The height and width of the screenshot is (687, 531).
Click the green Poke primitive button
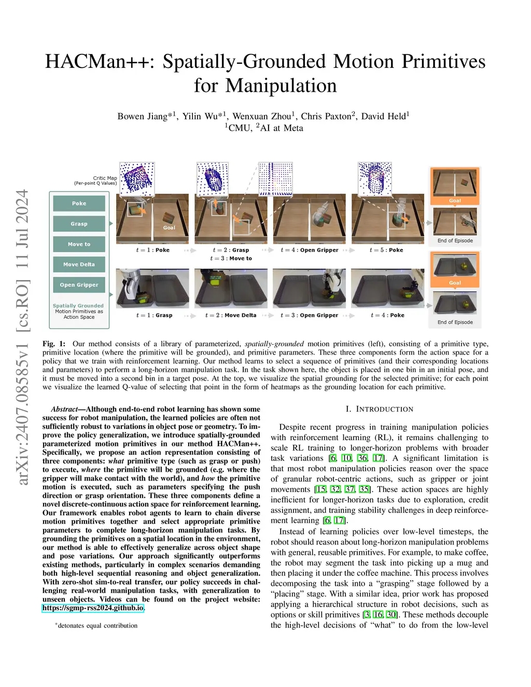click(x=79, y=203)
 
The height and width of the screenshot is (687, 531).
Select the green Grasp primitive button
click(x=79, y=223)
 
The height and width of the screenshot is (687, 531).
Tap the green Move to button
click(x=79, y=244)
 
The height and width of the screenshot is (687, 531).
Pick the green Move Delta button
click(x=79, y=264)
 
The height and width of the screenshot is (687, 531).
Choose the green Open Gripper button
click(x=79, y=285)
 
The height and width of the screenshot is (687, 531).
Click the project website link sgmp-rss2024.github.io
click(x=93, y=608)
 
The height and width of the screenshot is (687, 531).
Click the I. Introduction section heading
click(x=379, y=409)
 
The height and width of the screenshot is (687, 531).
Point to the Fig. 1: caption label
click(x=54, y=344)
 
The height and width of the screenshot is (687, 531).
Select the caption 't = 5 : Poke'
click(x=386, y=250)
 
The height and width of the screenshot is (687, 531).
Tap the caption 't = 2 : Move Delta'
click(x=230, y=315)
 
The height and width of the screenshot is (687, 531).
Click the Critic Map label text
click(x=105, y=178)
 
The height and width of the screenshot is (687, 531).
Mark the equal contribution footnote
click(x=96, y=625)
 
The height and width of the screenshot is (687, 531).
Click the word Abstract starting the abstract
click(x=64, y=409)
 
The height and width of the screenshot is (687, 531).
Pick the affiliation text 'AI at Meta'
click(x=281, y=128)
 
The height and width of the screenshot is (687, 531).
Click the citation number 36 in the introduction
click(x=362, y=458)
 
